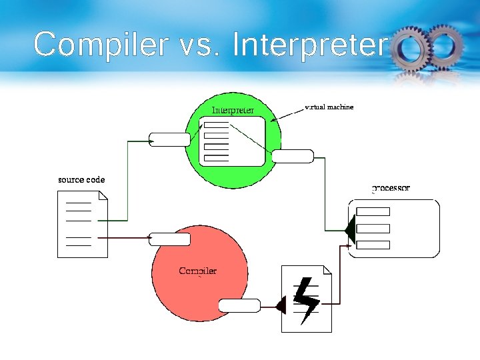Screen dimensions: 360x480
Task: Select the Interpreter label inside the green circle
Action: click(233, 110)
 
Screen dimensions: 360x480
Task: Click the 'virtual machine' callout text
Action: click(329, 107)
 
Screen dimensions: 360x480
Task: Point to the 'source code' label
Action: click(81, 180)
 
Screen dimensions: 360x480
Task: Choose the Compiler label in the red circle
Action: click(197, 271)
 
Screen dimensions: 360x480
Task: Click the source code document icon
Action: click(82, 224)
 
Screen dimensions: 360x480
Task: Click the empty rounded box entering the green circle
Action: click(169, 139)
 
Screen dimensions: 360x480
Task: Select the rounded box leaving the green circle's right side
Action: click(293, 157)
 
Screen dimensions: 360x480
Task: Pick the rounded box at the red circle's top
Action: click(169, 239)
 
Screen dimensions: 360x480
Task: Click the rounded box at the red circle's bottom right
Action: click(239, 306)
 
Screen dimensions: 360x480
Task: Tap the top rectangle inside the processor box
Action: click(373, 212)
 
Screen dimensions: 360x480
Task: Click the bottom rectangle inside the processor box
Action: click(373, 244)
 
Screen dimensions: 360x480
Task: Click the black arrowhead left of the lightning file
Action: click(281, 306)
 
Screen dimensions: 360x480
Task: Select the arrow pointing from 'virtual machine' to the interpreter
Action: click(287, 115)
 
